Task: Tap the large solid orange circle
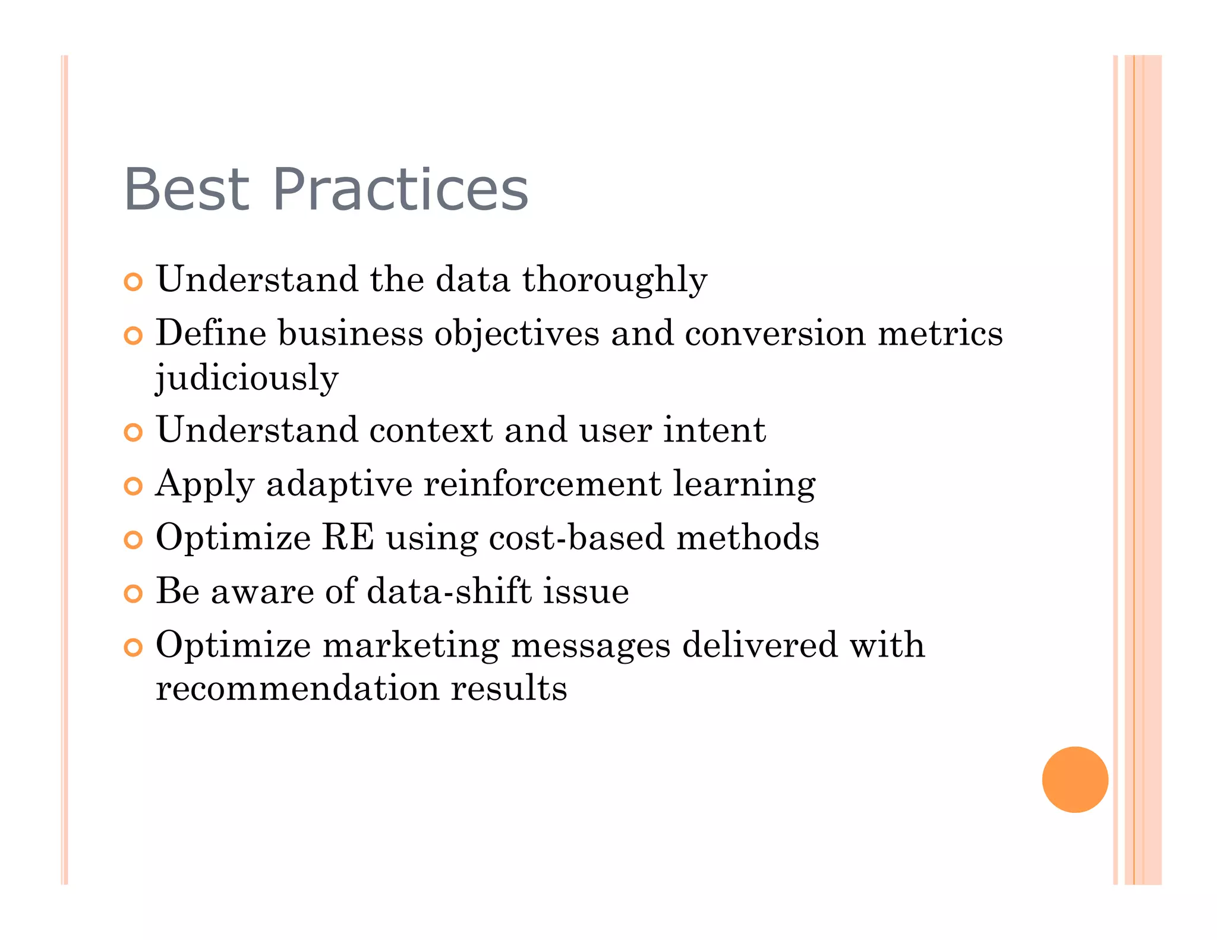click(1074, 779)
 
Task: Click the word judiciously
click(247, 378)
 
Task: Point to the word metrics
click(940, 333)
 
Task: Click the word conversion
click(774, 333)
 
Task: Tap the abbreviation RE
click(348, 538)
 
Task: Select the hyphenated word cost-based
click(575, 538)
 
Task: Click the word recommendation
click(297, 689)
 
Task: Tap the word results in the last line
click(509, 689)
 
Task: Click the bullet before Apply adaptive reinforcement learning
click(133, 487)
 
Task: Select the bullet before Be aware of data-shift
click(133, 594)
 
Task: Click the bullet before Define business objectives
click(133, 336)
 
